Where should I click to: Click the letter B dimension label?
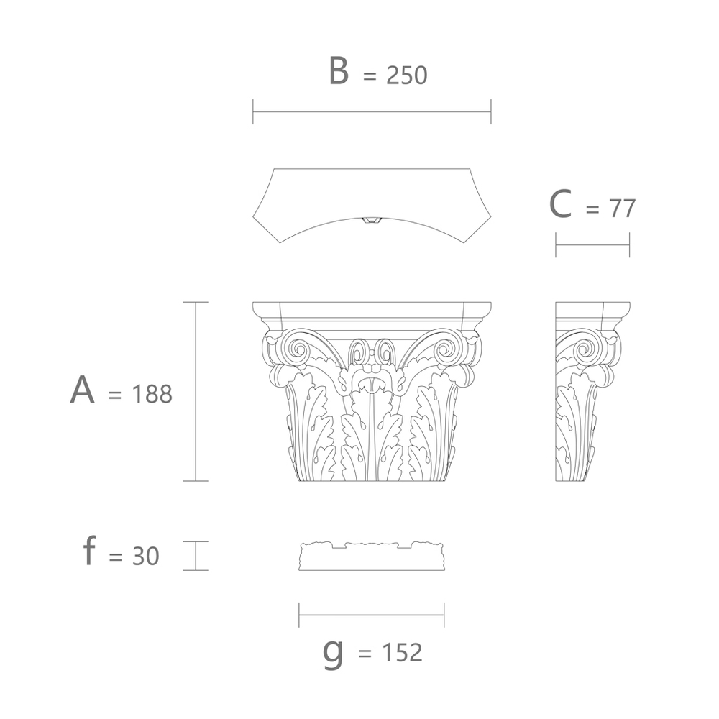[339, 70]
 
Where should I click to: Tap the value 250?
[407, 75]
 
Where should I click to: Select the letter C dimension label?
[560, 204]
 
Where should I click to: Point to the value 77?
[622, 209]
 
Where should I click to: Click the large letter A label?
[83, 390]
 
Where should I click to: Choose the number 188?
[152, 394]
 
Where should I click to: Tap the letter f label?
[89, 551]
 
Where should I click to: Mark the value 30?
[146, 556]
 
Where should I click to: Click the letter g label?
[333, 653]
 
